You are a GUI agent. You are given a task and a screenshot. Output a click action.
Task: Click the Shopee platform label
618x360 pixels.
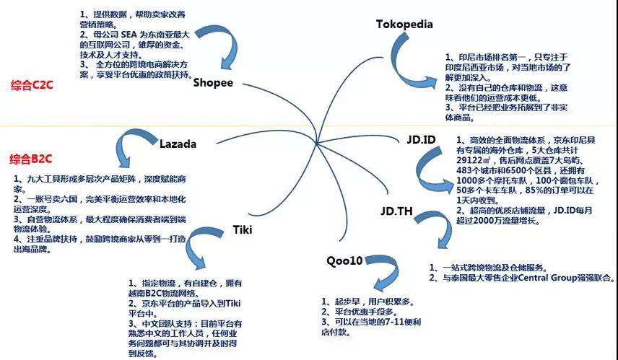click(x=213, y=83)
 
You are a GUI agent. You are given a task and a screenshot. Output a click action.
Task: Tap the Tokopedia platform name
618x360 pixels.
click(x=404, y=24)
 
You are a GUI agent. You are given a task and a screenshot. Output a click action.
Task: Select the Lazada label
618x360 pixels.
click(x=178, y=144)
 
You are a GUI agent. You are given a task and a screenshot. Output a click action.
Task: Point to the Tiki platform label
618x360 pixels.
click(x=243, y=229)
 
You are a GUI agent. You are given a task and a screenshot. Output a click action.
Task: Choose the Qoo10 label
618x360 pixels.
click(x=344, y=260)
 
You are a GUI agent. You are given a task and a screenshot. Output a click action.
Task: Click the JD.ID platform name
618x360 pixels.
click(x=421, y=139)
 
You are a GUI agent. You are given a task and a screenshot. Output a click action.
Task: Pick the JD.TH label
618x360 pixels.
click(x=396, y=211)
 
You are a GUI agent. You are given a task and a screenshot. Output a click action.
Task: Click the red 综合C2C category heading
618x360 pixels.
click(x=32, y=85)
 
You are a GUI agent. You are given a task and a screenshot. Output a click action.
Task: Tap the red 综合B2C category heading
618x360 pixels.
click(x=31, y=159)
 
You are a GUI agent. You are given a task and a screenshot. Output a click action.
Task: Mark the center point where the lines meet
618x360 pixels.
click(x=317, y=143)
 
